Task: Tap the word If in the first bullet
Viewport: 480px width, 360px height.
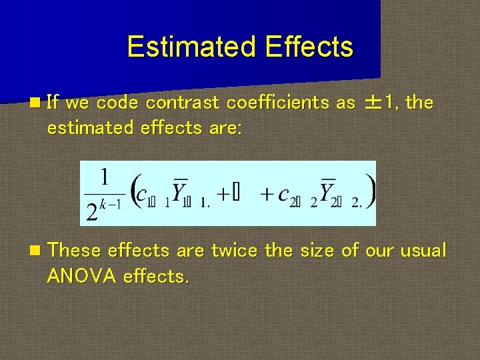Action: click(55, 103)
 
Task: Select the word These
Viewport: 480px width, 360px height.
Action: click(75, 251)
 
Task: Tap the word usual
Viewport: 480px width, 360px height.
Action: click(423, 251)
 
